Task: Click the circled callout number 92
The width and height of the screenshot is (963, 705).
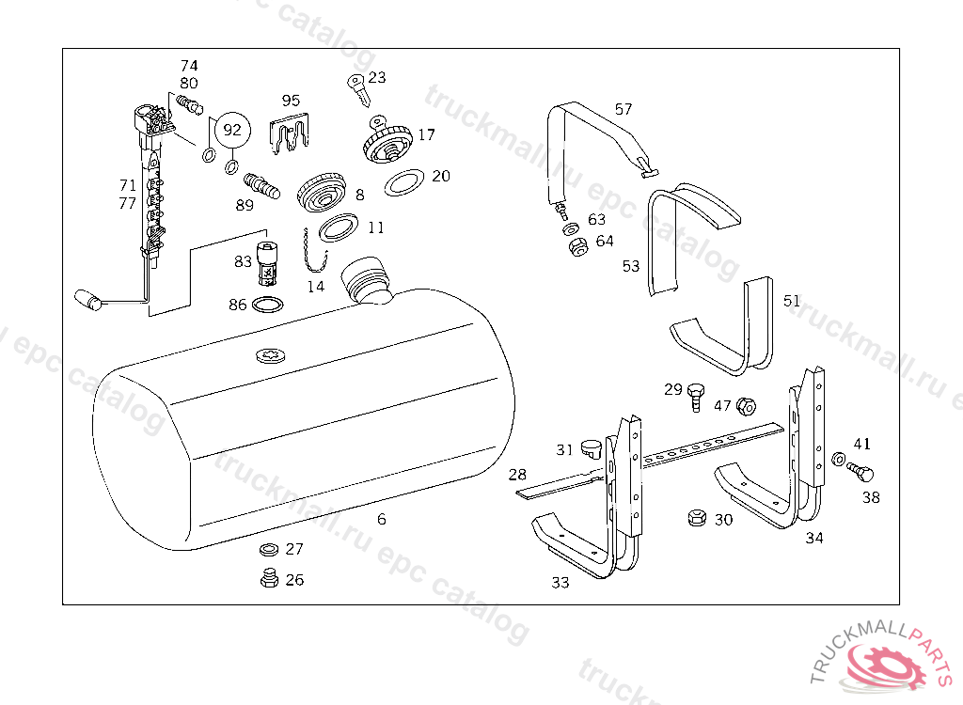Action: click(231, 130)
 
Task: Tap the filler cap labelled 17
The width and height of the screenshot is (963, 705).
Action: click(386, 145)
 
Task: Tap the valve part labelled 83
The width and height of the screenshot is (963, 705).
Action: click(268, 263)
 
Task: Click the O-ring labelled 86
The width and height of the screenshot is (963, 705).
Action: click(271, 305)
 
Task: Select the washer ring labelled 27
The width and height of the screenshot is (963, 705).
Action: click(268, 549)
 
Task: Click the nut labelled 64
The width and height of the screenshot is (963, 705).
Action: click(578, 247)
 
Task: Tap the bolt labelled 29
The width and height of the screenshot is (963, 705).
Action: click(696, 395)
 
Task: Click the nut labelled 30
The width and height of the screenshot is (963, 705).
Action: click(697, 518)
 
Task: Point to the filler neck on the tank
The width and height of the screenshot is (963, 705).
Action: click(368, 279)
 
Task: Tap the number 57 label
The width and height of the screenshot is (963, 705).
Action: click(624, 109)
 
